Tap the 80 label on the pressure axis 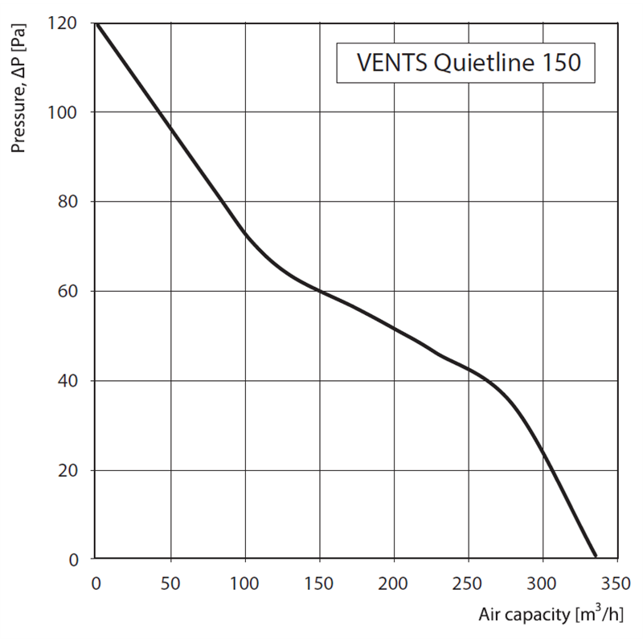70,201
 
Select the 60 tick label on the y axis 70,291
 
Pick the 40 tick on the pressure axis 70,380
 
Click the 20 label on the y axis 70,470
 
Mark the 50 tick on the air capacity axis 170,581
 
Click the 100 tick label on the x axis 244,581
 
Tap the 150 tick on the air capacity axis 319,581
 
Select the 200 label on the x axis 393,581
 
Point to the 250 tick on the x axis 468,581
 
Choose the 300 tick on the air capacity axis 543,581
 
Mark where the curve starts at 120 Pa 96,23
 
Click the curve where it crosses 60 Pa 319,290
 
